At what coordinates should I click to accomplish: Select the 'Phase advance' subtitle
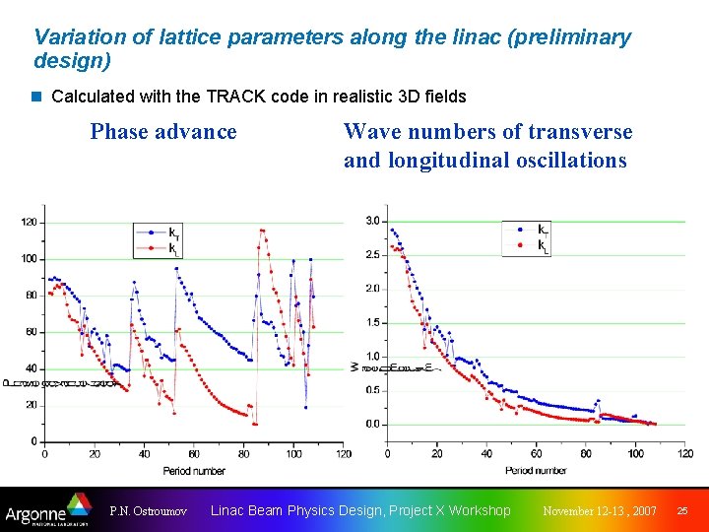click(x=163, y=131)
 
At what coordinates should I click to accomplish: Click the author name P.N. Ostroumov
click(x=149, y=511)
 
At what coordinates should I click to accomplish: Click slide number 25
click(x=681, y=511)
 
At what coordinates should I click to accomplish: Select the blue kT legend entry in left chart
click(x=161, y=233)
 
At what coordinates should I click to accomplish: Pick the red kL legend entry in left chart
click(x=161, y=248)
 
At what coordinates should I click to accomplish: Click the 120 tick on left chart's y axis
click(x=29, y=222)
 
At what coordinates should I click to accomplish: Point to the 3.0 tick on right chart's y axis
click(x=372, y=221)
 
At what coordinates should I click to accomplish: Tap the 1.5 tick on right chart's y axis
click(x=372, y=322)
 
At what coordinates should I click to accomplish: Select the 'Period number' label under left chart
click(x=193, y=471)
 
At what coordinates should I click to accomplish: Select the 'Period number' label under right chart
click(x=535, y=471)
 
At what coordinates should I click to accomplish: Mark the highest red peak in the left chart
click(x=261, y=231)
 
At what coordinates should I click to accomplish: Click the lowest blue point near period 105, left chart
click(x=305, y=406)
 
